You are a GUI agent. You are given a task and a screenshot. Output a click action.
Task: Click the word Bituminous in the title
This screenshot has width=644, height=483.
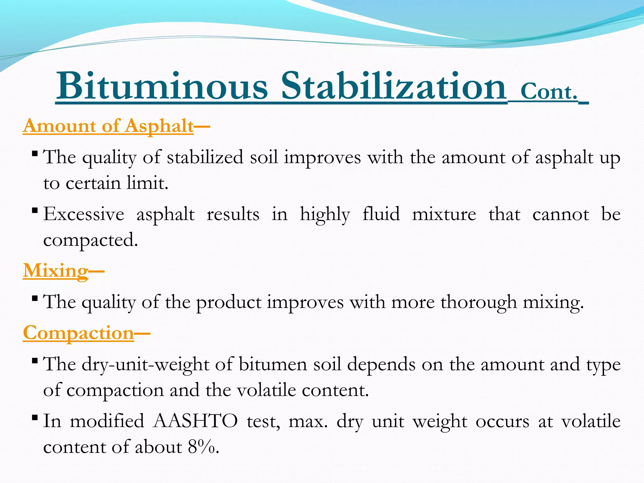162,86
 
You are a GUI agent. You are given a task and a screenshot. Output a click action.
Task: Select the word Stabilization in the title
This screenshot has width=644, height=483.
393,86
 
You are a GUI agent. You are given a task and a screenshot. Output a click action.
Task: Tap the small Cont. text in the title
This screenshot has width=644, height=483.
549,92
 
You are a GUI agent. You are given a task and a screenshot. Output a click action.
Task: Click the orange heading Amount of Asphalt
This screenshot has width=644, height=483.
108,126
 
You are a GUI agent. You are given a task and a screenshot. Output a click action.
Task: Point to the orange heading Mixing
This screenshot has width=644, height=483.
56,270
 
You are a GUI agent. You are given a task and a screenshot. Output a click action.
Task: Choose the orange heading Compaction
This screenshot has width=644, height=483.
79,333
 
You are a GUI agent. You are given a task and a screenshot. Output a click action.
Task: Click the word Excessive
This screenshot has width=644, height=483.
84,214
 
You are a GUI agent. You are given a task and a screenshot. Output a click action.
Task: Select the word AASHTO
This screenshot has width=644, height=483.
195,421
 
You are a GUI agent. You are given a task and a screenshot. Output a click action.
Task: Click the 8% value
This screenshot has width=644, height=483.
201,447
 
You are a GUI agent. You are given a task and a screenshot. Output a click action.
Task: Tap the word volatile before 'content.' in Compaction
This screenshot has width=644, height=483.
266,390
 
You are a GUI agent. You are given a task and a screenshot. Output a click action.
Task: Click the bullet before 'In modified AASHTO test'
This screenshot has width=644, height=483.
35,418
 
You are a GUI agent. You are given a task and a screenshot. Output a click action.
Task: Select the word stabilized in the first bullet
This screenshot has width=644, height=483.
205,157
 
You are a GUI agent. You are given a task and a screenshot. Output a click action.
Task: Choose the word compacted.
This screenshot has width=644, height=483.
91,241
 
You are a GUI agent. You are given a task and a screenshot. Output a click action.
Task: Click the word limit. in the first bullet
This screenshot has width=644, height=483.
147,183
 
